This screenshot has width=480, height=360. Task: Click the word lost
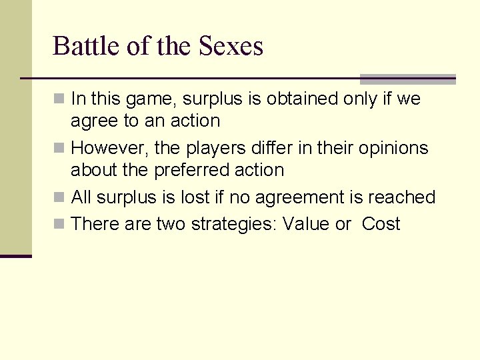[x=201, y=197]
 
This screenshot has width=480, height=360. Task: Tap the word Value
[x=306, y=224]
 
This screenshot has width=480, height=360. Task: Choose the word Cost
[x=381, y=224]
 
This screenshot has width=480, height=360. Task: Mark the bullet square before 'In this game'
[x=59, y=99]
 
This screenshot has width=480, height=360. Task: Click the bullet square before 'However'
[x=59, y=148]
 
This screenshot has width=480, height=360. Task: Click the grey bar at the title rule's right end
[x=407, y=79]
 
